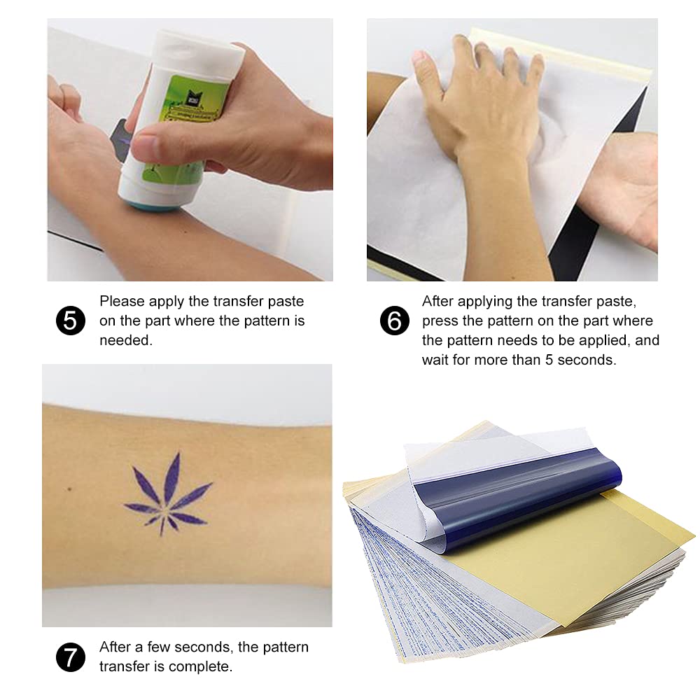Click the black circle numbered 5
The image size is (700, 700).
pyautogui.click(x=70, y=321)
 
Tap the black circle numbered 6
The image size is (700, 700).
pyautogui.click(x=395, y=321)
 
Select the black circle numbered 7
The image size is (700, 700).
pyautogui.click(x=70, y=657)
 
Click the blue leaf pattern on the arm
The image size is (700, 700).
pyautogui.click(x=169, y=494)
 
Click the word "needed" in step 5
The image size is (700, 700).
pyautogui.click(x=126, y=340)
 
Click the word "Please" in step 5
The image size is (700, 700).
pyautogui.click(x=122, y=301)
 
